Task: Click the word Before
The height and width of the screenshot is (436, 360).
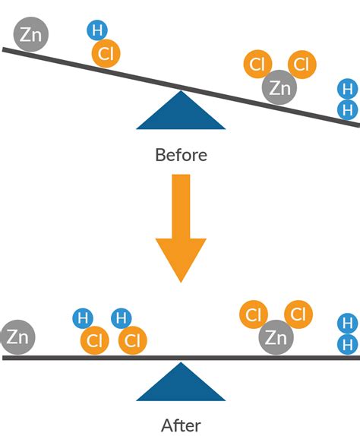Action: [x=181, y=155]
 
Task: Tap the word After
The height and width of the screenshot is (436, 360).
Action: [x=181, y=425]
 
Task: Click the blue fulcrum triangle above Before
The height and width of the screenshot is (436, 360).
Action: [x=181, y=114]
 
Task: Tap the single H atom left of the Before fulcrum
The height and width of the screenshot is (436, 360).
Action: [x=96, y=30]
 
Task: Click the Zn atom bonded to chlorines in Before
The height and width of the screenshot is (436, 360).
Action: [x=279, y=88]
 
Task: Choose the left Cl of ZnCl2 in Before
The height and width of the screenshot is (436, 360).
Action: [x=258, y=65]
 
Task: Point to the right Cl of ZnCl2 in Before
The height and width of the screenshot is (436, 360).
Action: [x=302, y=65]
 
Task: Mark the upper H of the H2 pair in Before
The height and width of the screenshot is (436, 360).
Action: [x=348, y=89]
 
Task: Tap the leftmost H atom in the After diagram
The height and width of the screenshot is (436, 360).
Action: [x=82, y=318]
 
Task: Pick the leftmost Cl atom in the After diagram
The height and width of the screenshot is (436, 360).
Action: [x=94, y=340]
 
